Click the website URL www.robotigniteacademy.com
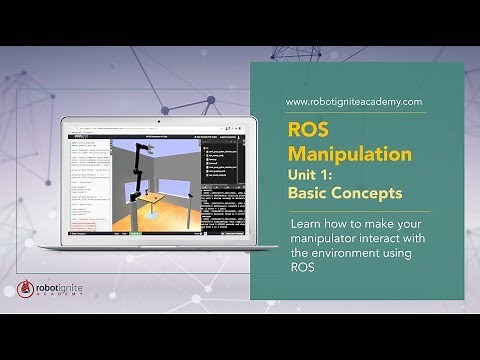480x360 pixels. tap(353, 102)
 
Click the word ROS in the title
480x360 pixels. tap(305, 130)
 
